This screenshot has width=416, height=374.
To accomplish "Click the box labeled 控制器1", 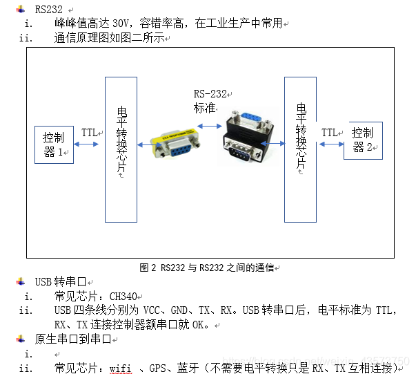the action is pyautogui.click(x=54, y=144).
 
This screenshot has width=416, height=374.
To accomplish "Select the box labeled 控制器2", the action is pyautogui.click(x=363, y=140).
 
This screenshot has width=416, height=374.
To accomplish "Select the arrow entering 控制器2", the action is pyautogui.click(x=331, y=144).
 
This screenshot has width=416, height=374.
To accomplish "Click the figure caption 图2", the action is pyautogui.click(x=208, y=267).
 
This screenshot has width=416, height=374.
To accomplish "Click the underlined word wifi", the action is pyautogui.click(x=120, y=368).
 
